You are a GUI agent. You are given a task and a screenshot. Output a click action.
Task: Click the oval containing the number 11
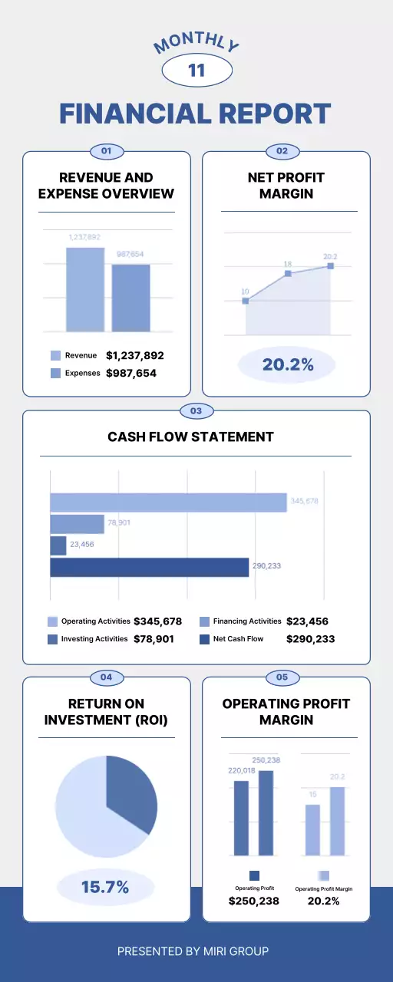[196, 71]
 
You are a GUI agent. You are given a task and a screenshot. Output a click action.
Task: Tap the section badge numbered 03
[196, 411]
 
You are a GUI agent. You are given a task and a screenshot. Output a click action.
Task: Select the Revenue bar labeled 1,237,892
[84, 290]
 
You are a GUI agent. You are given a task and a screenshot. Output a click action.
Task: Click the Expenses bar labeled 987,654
[131, 298]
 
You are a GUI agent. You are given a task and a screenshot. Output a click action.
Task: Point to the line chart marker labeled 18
[288, 273]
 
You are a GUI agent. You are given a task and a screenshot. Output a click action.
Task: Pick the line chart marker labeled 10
[246, 301]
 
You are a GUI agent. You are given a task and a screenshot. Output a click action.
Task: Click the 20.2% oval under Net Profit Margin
[287, 365]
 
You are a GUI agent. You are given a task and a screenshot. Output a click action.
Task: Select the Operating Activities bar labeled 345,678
[168, 503]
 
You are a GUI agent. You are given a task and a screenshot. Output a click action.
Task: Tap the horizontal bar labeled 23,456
[58, 545]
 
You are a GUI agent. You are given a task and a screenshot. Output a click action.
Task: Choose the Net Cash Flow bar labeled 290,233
[150, 567]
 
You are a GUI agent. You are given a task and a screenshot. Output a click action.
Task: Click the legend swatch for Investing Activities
[53, 639]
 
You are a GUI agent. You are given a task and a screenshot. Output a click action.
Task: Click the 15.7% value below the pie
[105, 888]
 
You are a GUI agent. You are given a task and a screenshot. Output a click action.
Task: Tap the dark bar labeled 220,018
[241, 818]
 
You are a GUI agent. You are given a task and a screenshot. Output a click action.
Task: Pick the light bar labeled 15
[312, 830]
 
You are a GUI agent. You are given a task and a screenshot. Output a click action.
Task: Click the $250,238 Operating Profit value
[254, 901]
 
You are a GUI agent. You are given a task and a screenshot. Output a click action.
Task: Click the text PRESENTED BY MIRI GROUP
[193, 951]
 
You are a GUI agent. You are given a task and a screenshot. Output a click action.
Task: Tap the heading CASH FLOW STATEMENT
[190, 437]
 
